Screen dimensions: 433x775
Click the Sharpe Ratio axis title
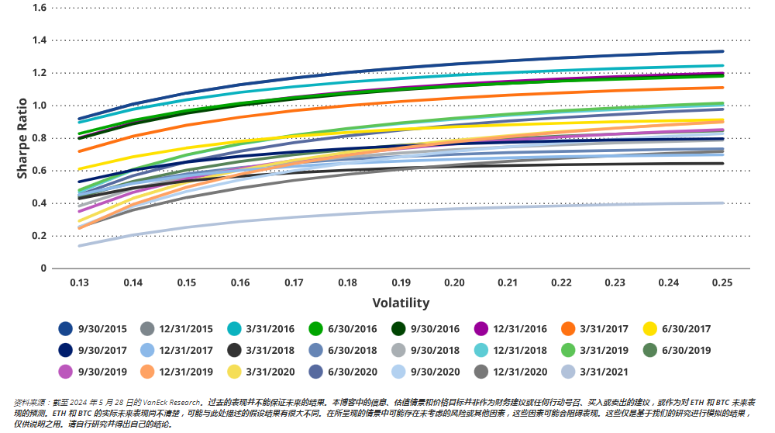coord(22,137)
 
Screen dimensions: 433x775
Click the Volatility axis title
coord(401,303)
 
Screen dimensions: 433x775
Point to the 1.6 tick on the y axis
coord(40,8)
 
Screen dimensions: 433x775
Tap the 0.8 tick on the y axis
coord(40,138)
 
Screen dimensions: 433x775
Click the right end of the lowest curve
coord(722,203)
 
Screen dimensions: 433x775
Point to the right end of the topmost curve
coord(722,51)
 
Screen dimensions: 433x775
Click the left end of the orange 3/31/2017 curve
coord(79,151)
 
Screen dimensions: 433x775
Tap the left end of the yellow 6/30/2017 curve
coord(79,168)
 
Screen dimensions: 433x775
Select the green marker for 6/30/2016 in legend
coord(315,329)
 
